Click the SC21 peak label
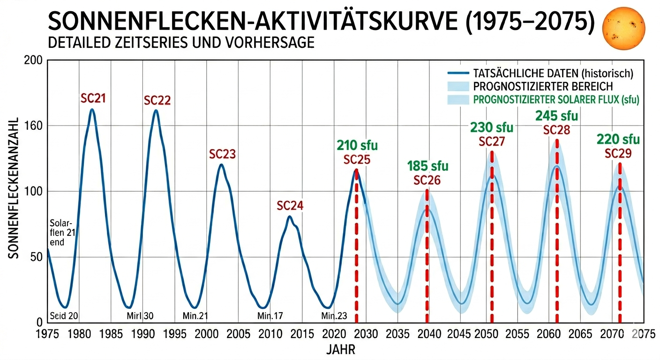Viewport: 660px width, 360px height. point(92,99)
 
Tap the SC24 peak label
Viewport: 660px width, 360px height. point(290,206)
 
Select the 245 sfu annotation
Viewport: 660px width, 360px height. point(556,116)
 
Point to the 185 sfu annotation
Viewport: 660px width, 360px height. point(427,166)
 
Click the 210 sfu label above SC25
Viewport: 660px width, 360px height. point(357,146)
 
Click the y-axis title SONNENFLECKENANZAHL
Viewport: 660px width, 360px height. point(14,187)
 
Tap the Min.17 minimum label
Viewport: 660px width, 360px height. point(270,316)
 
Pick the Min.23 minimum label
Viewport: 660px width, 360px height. point(334,316)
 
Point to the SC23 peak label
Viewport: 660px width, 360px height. point(222,154)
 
